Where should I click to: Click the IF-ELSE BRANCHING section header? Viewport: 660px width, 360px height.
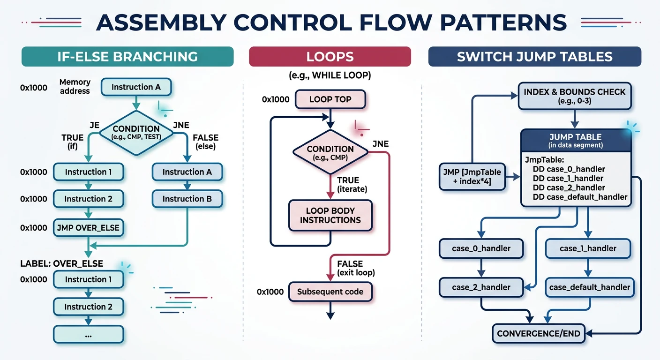point(127,57)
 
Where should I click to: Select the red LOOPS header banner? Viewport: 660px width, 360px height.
point(330,57)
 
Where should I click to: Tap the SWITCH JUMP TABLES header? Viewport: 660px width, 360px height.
point(534,57)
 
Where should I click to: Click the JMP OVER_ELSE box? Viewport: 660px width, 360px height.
point(88,228)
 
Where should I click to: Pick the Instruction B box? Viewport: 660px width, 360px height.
point(187,199)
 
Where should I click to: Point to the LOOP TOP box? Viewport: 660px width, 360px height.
point(330,99)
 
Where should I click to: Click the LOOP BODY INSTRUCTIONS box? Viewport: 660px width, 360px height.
point(330,215)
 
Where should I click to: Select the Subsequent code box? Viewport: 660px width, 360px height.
point(330,292)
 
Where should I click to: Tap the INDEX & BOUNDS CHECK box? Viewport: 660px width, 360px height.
point(574,96)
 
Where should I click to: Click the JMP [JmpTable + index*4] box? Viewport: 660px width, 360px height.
point(472,177)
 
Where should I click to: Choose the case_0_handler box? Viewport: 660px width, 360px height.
point(481,248)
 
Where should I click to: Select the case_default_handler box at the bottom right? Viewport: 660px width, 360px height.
point(590,287)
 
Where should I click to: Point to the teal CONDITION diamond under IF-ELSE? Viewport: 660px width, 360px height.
point(136,132)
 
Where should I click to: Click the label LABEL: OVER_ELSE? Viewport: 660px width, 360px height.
point(61,263)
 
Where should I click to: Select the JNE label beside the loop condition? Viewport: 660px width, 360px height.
point(380,144)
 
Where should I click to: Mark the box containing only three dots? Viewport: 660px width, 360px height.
point(88,335)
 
